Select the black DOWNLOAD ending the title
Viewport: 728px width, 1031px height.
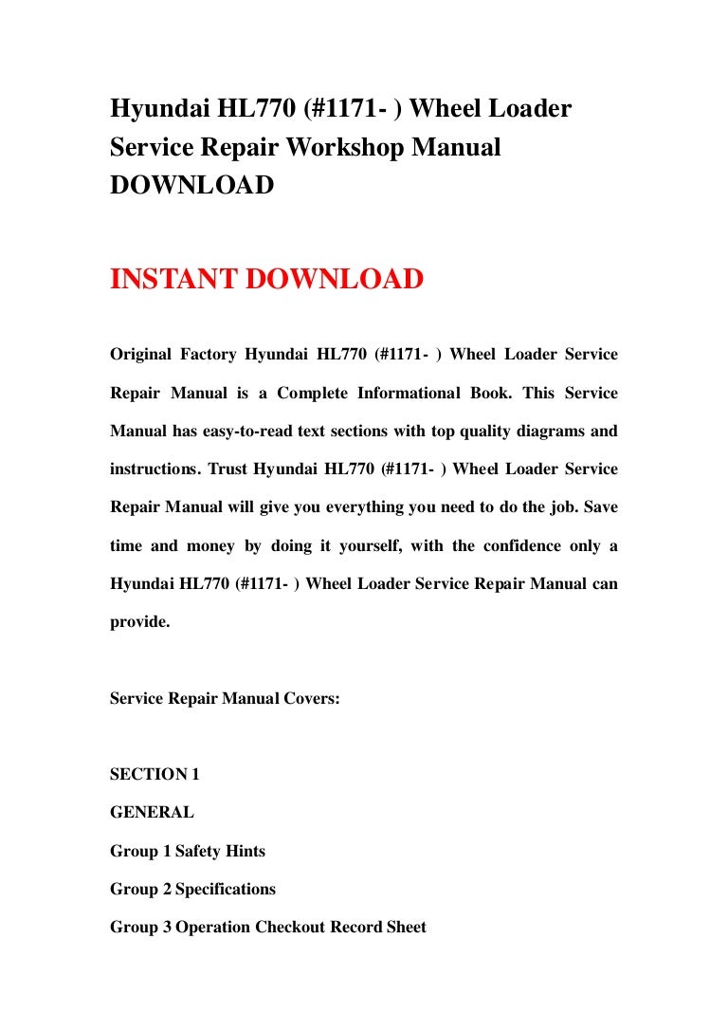pos(192,186)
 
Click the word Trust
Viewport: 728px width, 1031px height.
pos(231,469)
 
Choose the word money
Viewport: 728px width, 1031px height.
pos(211,544)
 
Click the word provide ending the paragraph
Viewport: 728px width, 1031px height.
pos(138,621)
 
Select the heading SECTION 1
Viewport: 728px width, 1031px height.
pos(155,774)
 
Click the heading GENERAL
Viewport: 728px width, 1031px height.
pos(152,812)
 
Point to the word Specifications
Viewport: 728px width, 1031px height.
pos(226,889)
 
